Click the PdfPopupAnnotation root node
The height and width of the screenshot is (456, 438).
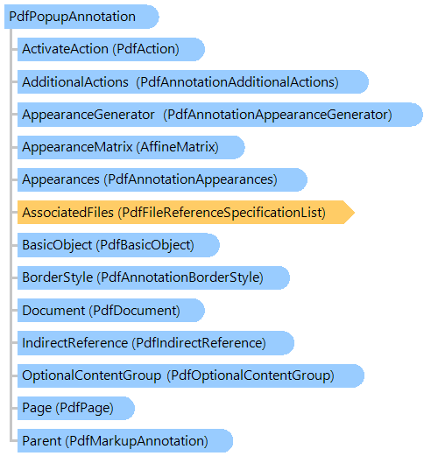pyautogui.click(x=81, y=17)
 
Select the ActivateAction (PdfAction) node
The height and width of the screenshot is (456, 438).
pyautogui.click(x=111, y=49)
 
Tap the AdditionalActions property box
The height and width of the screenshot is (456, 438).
pyautogui.click(x=193, y=82)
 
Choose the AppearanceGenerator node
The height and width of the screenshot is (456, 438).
pyautogui.click(x=220, y=115)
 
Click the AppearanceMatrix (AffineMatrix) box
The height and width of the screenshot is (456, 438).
pyautogui.click(x=131, y=147)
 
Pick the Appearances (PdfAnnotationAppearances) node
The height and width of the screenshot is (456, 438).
pyautogui.click(x=162, y=179)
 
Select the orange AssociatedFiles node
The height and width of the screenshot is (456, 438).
pyautogui.click(x=186, y=213)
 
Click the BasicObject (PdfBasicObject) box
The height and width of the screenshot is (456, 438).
pyautogui.click(x=118, y=245)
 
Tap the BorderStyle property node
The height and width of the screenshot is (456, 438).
pyautogui.click(x=153, y=277)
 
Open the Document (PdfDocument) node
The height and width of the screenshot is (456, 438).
pyautogui.click(x=111, y=311)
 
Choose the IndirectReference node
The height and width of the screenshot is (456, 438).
pyautogui.click(x=156, y=343)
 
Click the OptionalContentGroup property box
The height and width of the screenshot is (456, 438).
pyautogui.click(x=191, y=375)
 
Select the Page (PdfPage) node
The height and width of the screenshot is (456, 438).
pyautogui.click(x=76, y=408)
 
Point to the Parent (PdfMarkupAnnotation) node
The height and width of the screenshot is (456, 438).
pyautogui.click(x=125, y=441)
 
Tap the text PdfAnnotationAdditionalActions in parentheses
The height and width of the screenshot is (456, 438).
pyautogui.click(x=237, y=82)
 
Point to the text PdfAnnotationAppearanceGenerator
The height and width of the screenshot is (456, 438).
pyautogui.click(x=278, y=115)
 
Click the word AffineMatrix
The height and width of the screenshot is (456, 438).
pyautogui.click(x=177, y=147)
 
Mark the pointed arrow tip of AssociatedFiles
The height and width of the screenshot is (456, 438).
pyautogui.click(x=354, y=213)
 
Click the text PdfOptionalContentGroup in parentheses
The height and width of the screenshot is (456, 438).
pyautogui.click(x=251, y=375)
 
